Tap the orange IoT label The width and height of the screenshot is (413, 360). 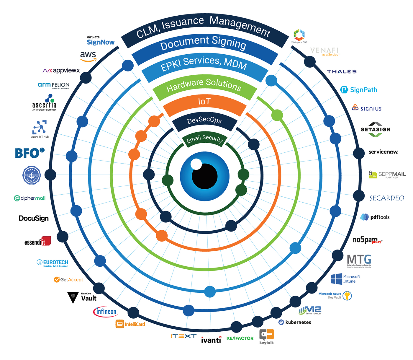204,102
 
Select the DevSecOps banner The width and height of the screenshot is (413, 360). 204,120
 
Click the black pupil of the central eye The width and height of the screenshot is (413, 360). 205,176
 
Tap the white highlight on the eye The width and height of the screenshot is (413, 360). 196,164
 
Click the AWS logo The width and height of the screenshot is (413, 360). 88,56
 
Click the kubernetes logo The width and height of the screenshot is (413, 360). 295,322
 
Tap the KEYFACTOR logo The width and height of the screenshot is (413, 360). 240,338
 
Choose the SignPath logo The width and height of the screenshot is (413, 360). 359,90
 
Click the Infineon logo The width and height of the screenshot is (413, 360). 105,312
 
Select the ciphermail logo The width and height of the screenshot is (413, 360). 30,198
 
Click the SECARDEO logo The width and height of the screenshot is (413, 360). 386,198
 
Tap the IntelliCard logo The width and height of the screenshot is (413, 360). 130,324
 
